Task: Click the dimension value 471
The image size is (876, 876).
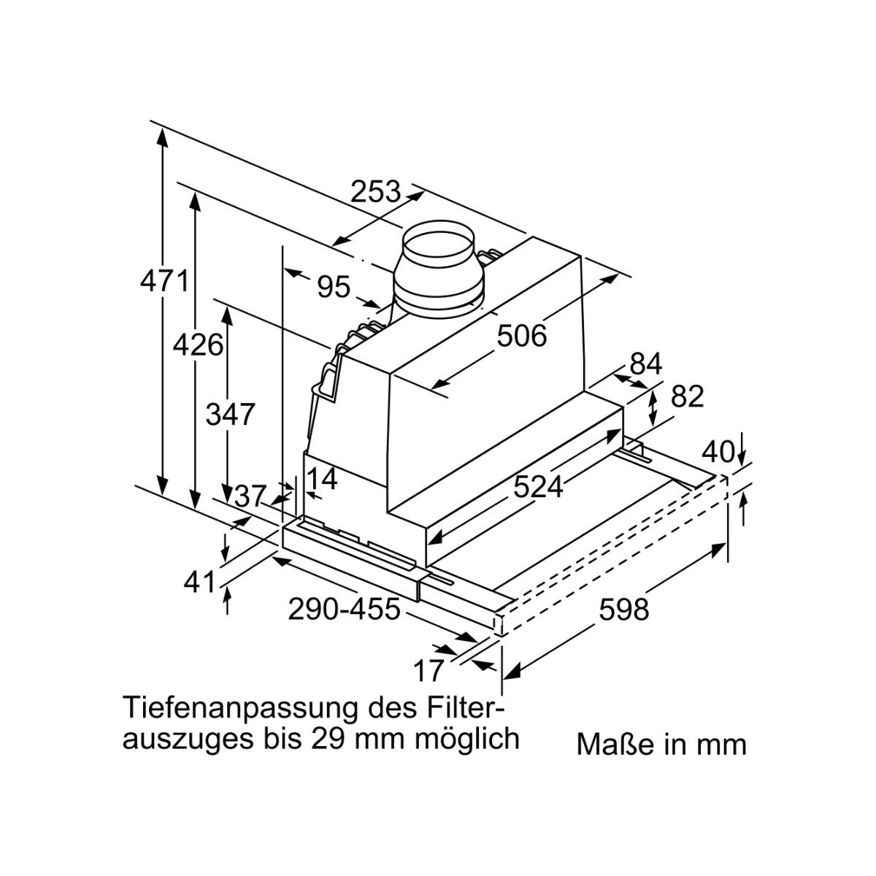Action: tap(164, 281)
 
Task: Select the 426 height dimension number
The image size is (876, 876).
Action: tap(198, 344)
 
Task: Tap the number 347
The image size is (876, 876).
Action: tap(230, 414)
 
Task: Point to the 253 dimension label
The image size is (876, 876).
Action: tap(375, 191)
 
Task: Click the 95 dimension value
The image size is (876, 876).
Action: tap(334, 287)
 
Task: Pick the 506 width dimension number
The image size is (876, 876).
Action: tap(522, 336)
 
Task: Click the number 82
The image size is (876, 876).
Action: tap(688, 396)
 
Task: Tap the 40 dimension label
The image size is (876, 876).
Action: tap(718, 452)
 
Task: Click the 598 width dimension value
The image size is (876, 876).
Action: tap(623, 610)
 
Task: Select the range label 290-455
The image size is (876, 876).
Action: tap(344, 609)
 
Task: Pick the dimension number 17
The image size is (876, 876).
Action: tap(429, 671)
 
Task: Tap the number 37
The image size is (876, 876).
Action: tap(250, 496)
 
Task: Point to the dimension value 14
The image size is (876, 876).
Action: tap(322, 478)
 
